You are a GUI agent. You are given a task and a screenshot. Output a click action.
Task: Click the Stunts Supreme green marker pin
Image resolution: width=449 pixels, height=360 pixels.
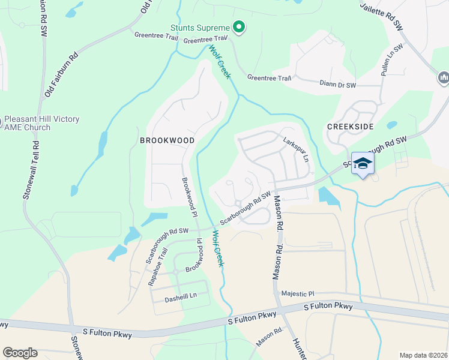pyautogui.click(x=238, y=28)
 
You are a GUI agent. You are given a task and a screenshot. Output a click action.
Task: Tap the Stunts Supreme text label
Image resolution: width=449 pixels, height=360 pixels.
pyautogui.click(x=200, y=28)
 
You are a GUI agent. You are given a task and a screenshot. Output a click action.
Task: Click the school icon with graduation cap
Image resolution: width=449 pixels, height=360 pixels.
pyautogui.click(x=363, y=163)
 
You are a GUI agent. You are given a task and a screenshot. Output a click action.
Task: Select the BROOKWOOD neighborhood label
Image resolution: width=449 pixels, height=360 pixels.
pyautogui.click(x=167, y=140)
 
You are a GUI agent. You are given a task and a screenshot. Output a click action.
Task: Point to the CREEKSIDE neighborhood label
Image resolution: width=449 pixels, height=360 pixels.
pyautogui.click(x=351, y=127)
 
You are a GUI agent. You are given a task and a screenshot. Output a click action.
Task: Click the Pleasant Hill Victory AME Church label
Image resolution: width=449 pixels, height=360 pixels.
pyautogui.click(x=41, y=124)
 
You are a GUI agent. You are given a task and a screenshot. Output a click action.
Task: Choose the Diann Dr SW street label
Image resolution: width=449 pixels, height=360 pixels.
pyautogui.click(x=337, y=84)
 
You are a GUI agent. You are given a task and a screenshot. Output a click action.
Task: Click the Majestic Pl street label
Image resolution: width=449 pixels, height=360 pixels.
pyautogui.click(x=298, y=294)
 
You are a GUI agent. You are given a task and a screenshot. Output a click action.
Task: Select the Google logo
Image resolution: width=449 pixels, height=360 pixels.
pyautogui.click(x=20, y=353)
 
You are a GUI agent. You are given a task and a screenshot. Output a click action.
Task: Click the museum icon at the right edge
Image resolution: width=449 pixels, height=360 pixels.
pyautogui.click(x=444, y=77)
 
